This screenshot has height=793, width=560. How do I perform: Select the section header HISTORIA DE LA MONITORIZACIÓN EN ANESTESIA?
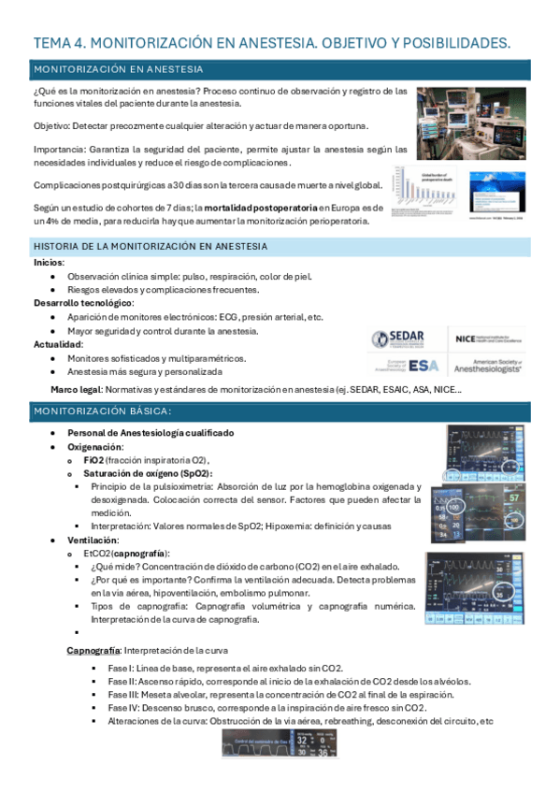[151, 246]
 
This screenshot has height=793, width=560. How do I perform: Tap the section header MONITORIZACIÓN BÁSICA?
[103, 412]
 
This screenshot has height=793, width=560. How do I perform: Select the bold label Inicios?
[50, 263]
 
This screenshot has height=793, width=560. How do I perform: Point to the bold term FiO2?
[93, 460]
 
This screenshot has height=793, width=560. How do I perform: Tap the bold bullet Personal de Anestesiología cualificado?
[151, 434]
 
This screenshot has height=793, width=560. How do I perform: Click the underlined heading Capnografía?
[93, 650]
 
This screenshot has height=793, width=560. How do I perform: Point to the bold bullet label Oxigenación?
[94, 447]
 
